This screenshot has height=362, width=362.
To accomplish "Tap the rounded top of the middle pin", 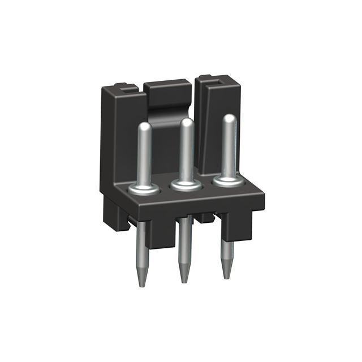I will (x=186, y=123).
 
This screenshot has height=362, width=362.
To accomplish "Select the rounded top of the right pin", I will (x=229, y=119).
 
